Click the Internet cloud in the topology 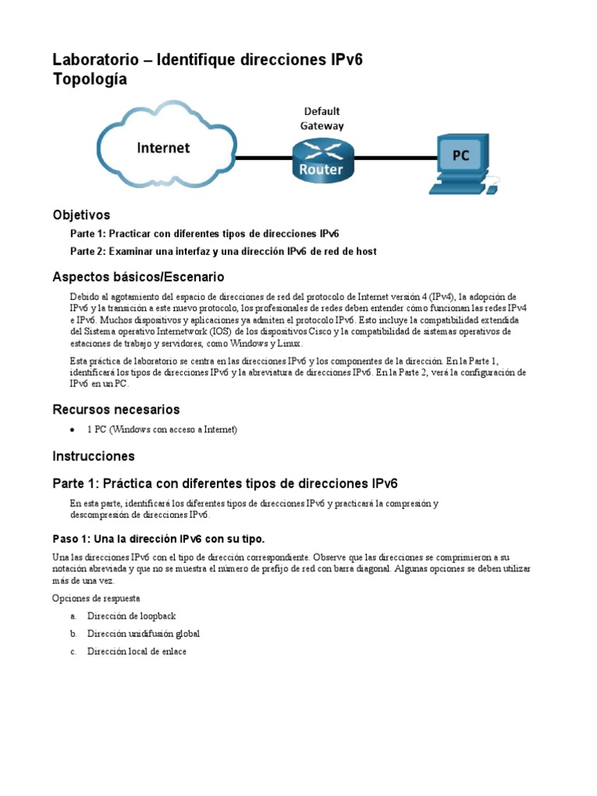tap(165, 148)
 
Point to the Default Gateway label tap(322, 118)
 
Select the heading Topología tap(89, 79)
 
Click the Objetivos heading tap(81, 215)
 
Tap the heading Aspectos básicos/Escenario tap(138, 277)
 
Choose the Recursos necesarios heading tap(116, 409)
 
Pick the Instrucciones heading tap(93, 456)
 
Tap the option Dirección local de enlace tap(137, 651)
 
